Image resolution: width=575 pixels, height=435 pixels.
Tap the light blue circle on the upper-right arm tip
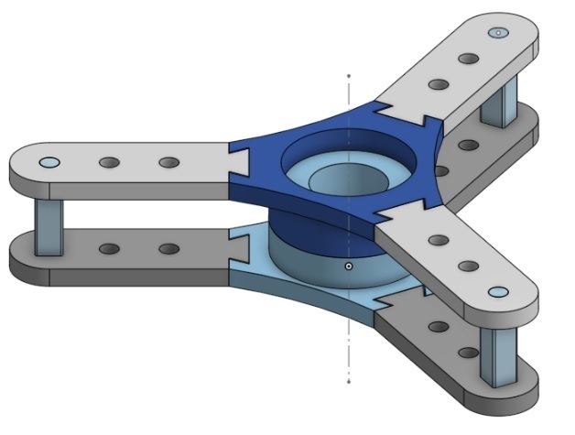497,32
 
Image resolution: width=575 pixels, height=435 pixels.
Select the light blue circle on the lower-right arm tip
497,292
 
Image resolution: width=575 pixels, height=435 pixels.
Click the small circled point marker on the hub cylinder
349,266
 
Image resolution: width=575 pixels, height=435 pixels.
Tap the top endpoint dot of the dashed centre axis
349,75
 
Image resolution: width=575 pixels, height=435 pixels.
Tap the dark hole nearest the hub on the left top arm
168,162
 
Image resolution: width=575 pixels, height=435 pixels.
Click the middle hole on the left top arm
109,162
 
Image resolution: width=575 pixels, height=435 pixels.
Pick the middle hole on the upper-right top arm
468,59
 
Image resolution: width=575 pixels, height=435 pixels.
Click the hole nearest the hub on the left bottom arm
168,249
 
